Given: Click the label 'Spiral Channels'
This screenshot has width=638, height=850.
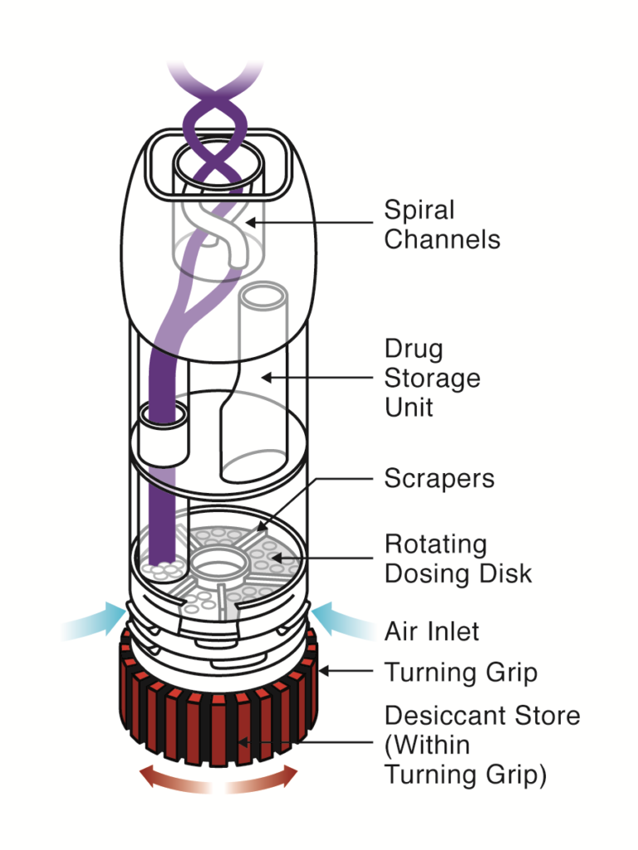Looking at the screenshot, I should coord(442,224).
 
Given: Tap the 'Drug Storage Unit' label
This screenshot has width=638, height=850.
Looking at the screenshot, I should coord(432,378).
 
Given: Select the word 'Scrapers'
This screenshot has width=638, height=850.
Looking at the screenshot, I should coord(439,479).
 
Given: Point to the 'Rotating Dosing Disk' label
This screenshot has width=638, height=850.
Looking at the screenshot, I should coord(458,559).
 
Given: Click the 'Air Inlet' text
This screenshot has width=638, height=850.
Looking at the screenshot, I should coord(432,632).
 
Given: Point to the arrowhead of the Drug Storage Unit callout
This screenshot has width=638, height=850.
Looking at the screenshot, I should coord(263,378).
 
